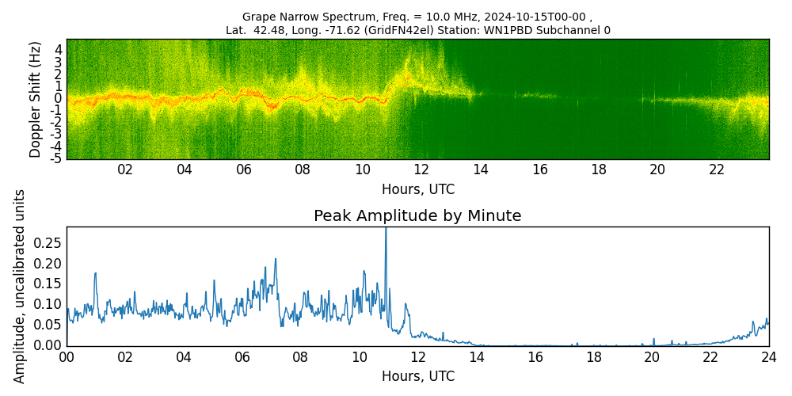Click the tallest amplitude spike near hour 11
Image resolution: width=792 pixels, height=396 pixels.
point(386,230)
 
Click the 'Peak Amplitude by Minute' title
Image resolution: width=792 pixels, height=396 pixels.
point(417,216)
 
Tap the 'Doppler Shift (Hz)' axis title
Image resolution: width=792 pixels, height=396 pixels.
point(36,99)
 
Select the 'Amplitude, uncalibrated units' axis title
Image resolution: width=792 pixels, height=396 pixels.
point(20,286)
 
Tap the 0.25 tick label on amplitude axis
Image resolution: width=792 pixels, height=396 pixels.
point(47,242)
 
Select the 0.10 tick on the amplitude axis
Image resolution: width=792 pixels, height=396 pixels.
point(47,304)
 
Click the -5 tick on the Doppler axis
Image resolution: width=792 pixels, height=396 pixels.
point(56,159)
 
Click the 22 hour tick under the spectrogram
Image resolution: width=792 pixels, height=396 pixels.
point(717,169)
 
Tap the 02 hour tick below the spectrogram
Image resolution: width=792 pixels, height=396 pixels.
point(125,169)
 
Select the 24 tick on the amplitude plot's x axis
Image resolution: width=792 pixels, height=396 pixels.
point(768,357)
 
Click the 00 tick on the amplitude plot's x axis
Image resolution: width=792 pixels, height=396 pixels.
point(67,357)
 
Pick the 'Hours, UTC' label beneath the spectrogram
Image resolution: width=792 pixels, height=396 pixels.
point(417,190)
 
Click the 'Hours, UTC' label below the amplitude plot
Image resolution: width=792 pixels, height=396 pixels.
point(417,376)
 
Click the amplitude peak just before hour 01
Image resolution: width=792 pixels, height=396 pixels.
point(95,274)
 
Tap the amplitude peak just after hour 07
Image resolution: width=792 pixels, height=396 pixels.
point(276,259)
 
